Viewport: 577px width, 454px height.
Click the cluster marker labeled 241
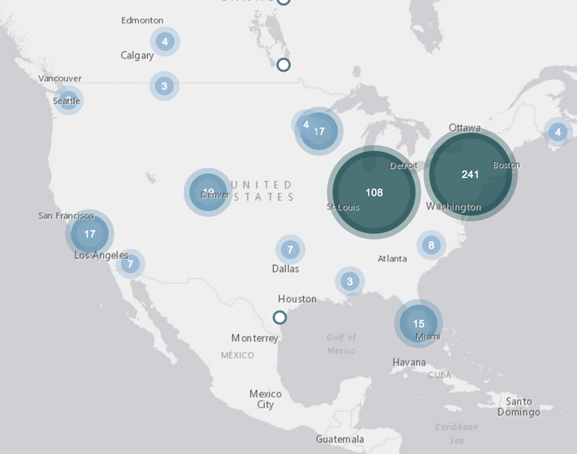point(470,174)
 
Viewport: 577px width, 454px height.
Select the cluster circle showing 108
point(374,192)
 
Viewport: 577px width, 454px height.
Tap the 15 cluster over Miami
point(419,323)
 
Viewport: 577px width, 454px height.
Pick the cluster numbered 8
point(431,244)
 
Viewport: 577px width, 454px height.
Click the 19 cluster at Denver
point(208,192)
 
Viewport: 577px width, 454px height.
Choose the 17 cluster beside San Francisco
point(89,233)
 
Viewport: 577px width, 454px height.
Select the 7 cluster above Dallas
point(289,249)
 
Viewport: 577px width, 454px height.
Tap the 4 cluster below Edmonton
point(165,41)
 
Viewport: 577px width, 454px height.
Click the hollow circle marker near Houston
point(280,317)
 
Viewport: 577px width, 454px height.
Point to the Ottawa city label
point(464,128)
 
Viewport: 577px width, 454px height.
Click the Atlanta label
point(392,259)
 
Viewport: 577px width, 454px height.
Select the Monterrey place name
point(254,338)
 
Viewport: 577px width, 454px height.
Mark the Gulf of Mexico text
point(341,344)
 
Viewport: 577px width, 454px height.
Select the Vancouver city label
point(59,78)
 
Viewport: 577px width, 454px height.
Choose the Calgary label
point(137,56)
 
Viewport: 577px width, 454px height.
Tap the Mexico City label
point(266,399)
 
